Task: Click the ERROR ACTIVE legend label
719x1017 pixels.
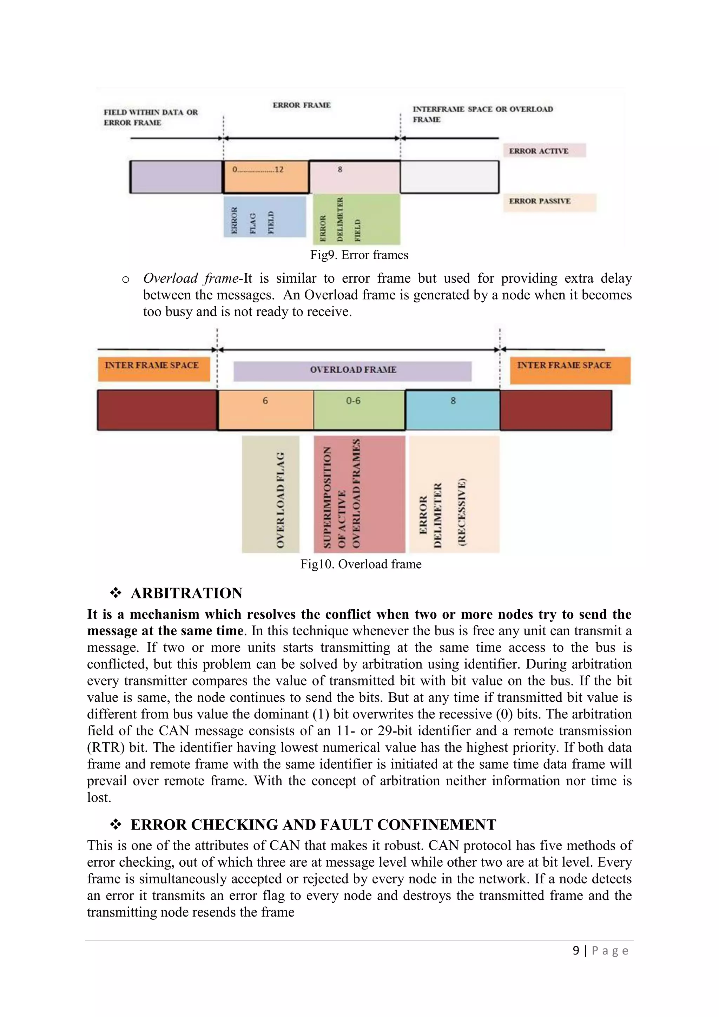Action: (544, 151)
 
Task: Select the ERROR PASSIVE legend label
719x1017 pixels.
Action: (549, 202)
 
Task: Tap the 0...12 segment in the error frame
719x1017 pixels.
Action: (266, 177)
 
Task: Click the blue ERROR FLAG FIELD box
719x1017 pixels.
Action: (265, 217)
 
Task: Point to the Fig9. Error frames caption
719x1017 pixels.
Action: (359, 255)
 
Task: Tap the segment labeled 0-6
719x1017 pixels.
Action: (359, 410)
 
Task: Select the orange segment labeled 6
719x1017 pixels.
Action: (266, 410)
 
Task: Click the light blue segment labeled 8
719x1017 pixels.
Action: (453, 410)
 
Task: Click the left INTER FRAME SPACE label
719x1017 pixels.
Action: (154, 368)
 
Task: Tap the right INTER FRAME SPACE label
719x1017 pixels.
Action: (569, 369)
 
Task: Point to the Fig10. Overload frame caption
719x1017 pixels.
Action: (361, 564)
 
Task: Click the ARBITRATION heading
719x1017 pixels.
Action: (186, 593)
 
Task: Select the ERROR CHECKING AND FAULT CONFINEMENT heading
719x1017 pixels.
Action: (313, 825)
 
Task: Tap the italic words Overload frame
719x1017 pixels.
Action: (191, 278)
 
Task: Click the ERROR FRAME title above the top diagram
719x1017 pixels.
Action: (302, 105)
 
